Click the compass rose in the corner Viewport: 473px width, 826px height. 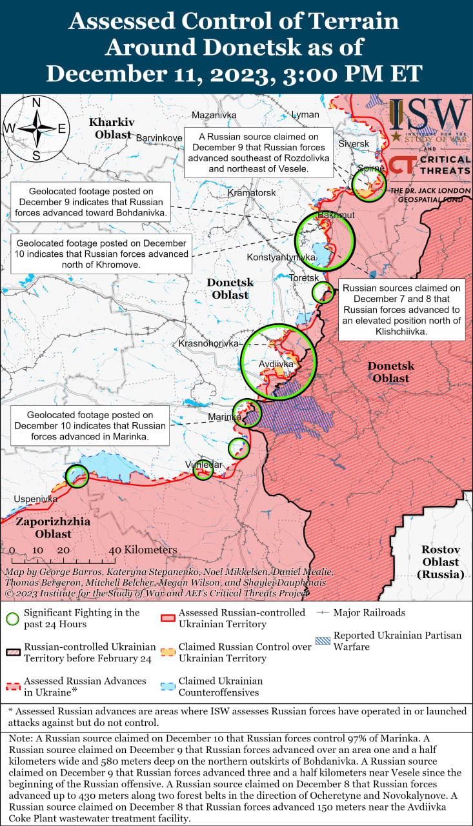(x=36, y=128)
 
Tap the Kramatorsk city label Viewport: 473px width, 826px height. (x=252, y=193)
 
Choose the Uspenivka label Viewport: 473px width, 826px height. (x=35, y=499)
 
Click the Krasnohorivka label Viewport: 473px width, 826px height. (x=208, y=345)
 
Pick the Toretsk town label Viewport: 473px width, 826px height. (x=303, y=277)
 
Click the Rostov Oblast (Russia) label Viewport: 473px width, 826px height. (x=441, y=561)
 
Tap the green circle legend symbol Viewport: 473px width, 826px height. (x=12, y=618)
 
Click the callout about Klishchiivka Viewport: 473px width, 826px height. (x=401, y=310)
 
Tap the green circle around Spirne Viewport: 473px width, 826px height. (x=369, y=184)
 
